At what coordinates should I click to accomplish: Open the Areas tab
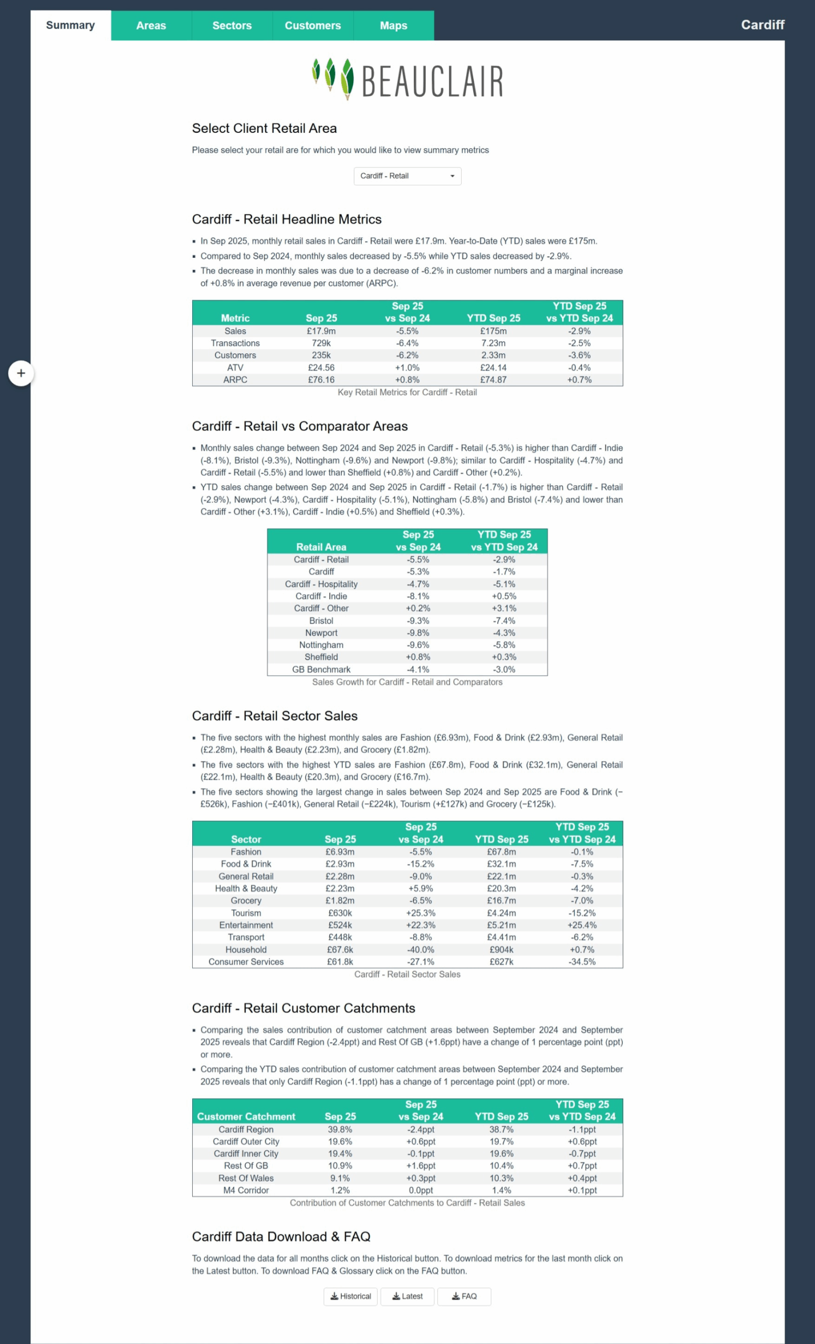151,26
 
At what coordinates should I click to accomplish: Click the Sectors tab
232,26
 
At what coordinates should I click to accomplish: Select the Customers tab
312,26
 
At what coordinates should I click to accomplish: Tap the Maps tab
393,26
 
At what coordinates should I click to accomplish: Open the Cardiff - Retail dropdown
407,176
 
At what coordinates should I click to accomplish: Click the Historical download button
350,1297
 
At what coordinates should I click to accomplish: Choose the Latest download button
407,1297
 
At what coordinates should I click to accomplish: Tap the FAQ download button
464,1297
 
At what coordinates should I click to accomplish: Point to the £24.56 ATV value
321,367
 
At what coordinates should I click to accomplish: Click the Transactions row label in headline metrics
235,343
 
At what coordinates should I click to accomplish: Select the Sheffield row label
321,657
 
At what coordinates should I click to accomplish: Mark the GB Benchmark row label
321,669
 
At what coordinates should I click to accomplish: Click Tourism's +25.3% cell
421,913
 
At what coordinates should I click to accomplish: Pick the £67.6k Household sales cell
340,950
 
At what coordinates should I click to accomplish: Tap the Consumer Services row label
246,962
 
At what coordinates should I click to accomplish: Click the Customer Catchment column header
246,1117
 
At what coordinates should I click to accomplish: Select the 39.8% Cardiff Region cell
340,1130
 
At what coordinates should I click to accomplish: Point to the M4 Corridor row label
246,1190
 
